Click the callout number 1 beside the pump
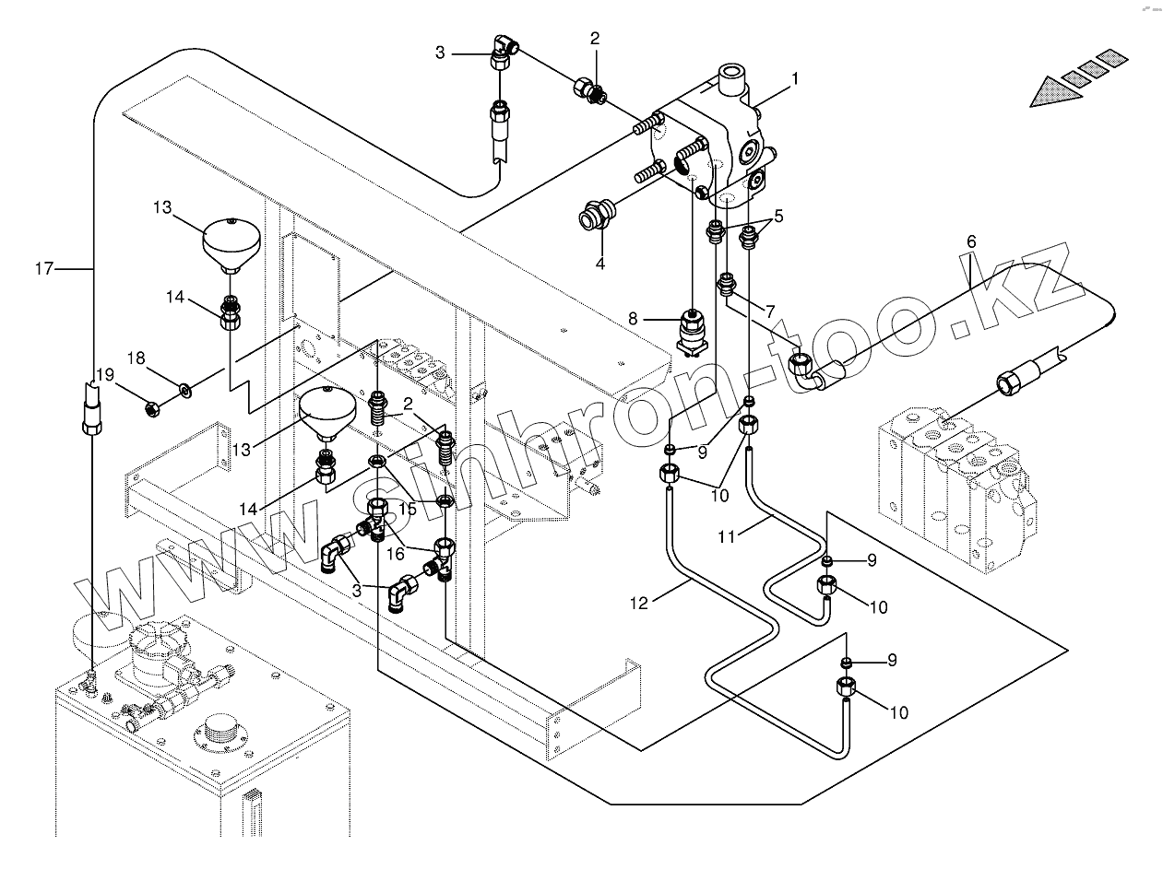click(x=795, y=79)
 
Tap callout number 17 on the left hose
click(x=44, y=269)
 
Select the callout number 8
click(x=633, y=319)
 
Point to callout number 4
click(x=599, y=263)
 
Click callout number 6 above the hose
click(x=971, y=241)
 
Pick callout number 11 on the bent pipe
click(x=727, y=537)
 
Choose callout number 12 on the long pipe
click(x=639, y=604)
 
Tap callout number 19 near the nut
click(x=105, y=375)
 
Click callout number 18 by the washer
click(x=136, y=358)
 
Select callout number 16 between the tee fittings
click(x=396, y=554)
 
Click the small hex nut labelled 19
click(x=152, y=408)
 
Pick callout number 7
click(x=769, y=311)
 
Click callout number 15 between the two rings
click(x=407, y=509)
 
